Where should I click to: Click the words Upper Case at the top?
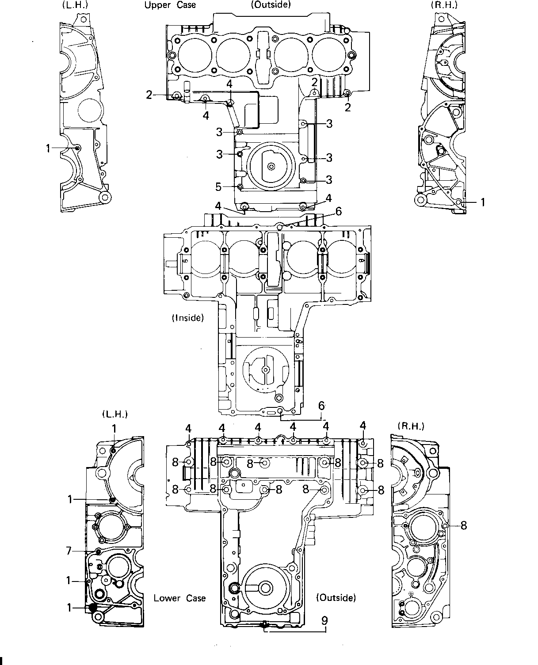point(170,5)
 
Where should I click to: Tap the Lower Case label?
point(179,598)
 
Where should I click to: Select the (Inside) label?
point(188,318)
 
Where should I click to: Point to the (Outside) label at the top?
point(271,4)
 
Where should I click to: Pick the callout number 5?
point(218,187)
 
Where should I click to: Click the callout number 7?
point(69,551)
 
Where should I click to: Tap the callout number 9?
point(325,621)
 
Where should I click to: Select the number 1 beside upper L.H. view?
point(48,148)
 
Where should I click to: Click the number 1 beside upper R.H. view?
point(483,203)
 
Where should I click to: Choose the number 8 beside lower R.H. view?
point(464,526)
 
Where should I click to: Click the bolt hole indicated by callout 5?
point(240,187)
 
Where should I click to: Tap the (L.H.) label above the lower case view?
point(115,414)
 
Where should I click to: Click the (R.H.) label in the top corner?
point(444,5)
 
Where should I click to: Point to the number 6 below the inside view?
point(321,406)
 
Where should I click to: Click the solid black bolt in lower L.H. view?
point(93,608)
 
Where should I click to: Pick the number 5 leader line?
point(230,187)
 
